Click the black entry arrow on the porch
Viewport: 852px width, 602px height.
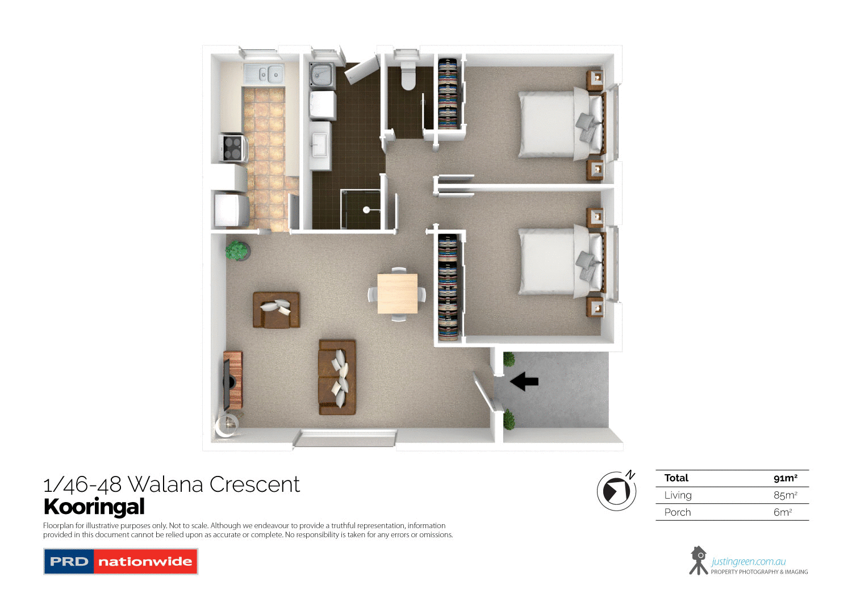524,381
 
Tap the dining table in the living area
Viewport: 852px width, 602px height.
398,294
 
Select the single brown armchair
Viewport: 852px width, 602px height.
276,310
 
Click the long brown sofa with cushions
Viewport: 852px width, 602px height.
337,377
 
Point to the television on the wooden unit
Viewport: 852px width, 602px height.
227,385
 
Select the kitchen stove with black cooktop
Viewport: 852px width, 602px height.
233,148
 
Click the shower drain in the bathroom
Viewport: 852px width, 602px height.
366,210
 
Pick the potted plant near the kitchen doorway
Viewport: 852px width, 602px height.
237,250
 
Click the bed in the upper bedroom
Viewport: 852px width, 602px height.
559,125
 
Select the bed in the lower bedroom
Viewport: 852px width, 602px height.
559,261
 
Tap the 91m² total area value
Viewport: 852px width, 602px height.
785,478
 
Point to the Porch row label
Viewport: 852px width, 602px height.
678,512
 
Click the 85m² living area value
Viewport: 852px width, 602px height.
785,495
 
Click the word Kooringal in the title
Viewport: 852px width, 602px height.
94,507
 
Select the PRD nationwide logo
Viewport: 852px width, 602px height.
120,562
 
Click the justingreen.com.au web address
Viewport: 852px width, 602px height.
748,562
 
